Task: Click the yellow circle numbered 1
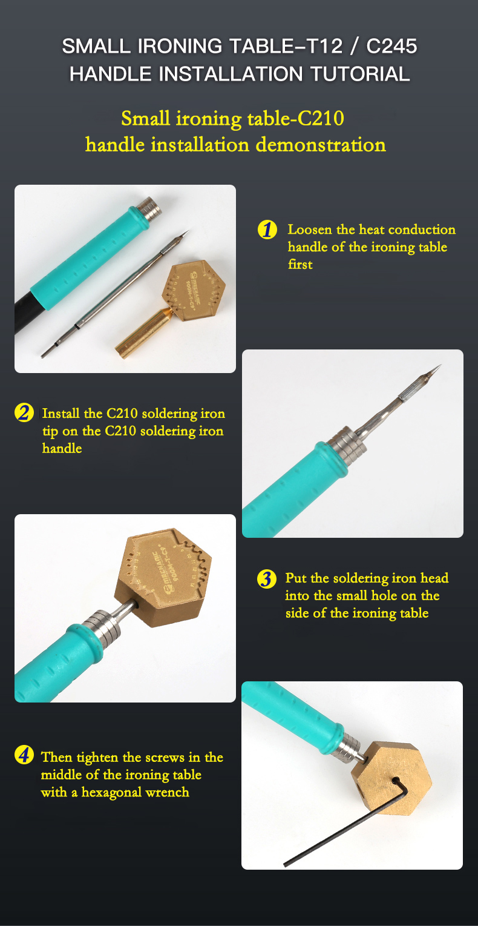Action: (x=267, y=230)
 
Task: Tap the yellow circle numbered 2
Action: (x=24, y=412)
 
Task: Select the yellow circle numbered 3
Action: (x=267, y=579)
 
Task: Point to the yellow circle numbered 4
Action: (x=24, y=755)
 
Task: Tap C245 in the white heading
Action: (x=391, y=45)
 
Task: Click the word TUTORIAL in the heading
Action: (x=360, y=74)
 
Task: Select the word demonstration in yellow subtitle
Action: (x=321, y=145)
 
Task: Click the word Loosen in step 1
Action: (x=310, y=230)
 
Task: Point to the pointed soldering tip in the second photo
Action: (x=417, y=382)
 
